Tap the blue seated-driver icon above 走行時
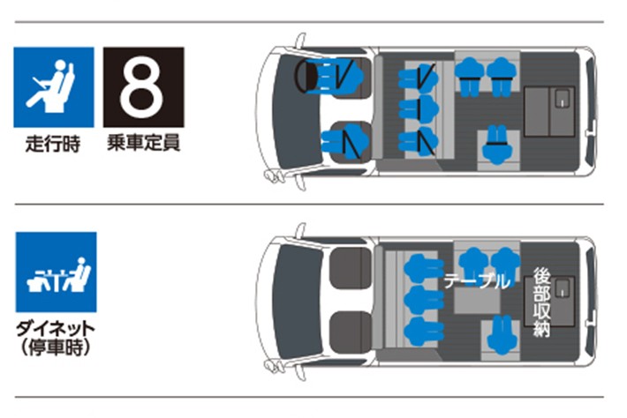[54, 87]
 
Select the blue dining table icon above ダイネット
[56, 272]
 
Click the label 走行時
[53, 144]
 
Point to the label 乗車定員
[144, 143]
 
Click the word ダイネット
[56, 329]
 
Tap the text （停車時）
[56, 347]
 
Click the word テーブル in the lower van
[477, 281]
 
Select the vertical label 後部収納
[542, 302]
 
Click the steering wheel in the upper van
[305, 76]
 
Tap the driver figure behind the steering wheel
[339, 76]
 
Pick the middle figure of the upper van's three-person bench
[419, 108]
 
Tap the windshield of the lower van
[297, 301]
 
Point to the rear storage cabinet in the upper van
[549, 111]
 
